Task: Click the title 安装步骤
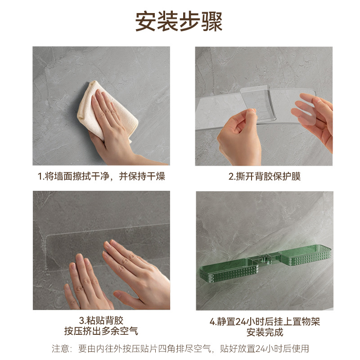[179, 21]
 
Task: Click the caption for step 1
[101, 176]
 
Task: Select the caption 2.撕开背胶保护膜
[264, 176]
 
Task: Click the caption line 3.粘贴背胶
[101, 320]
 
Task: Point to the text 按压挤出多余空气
[101, 331]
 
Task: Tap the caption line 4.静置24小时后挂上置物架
[265, 321]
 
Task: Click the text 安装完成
[265, 332]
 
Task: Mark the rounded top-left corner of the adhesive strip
[48, 237]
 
